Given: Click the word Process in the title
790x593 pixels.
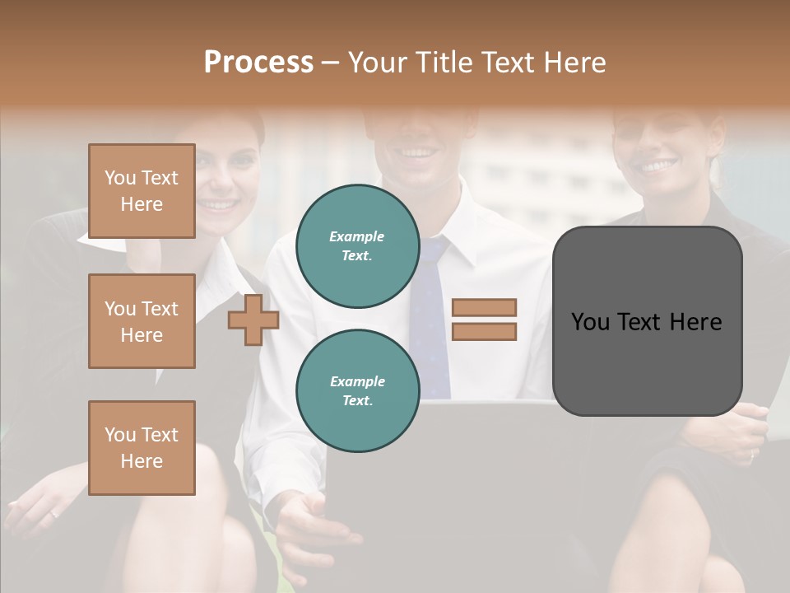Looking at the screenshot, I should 258,63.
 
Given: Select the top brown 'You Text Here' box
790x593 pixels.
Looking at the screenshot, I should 142,191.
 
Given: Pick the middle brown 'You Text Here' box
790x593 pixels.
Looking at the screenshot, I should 142,321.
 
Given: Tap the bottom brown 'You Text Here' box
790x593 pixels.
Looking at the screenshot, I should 142,447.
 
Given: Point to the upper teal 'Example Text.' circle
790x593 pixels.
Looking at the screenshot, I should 357,245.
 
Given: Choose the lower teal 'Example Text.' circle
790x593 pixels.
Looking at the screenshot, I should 357,390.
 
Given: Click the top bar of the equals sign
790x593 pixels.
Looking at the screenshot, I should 484,307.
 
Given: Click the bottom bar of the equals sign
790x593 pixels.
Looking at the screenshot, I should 484,332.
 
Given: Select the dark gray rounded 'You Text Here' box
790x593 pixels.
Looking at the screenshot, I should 647,321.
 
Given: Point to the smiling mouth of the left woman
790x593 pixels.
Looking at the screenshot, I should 219,203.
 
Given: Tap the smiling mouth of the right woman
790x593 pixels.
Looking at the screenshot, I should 658,166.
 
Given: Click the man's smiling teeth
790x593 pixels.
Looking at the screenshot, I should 419,152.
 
